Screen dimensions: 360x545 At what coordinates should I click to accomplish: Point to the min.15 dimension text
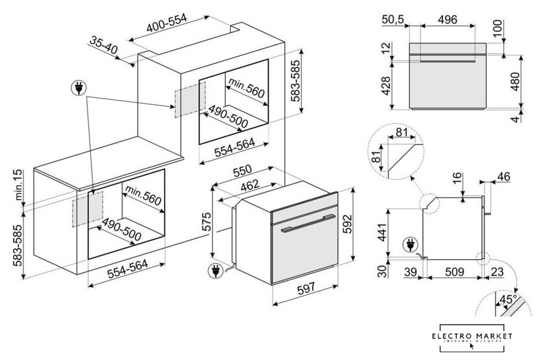click(19, 185)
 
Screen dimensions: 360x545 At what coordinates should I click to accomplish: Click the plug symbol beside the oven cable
click(214, 269)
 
